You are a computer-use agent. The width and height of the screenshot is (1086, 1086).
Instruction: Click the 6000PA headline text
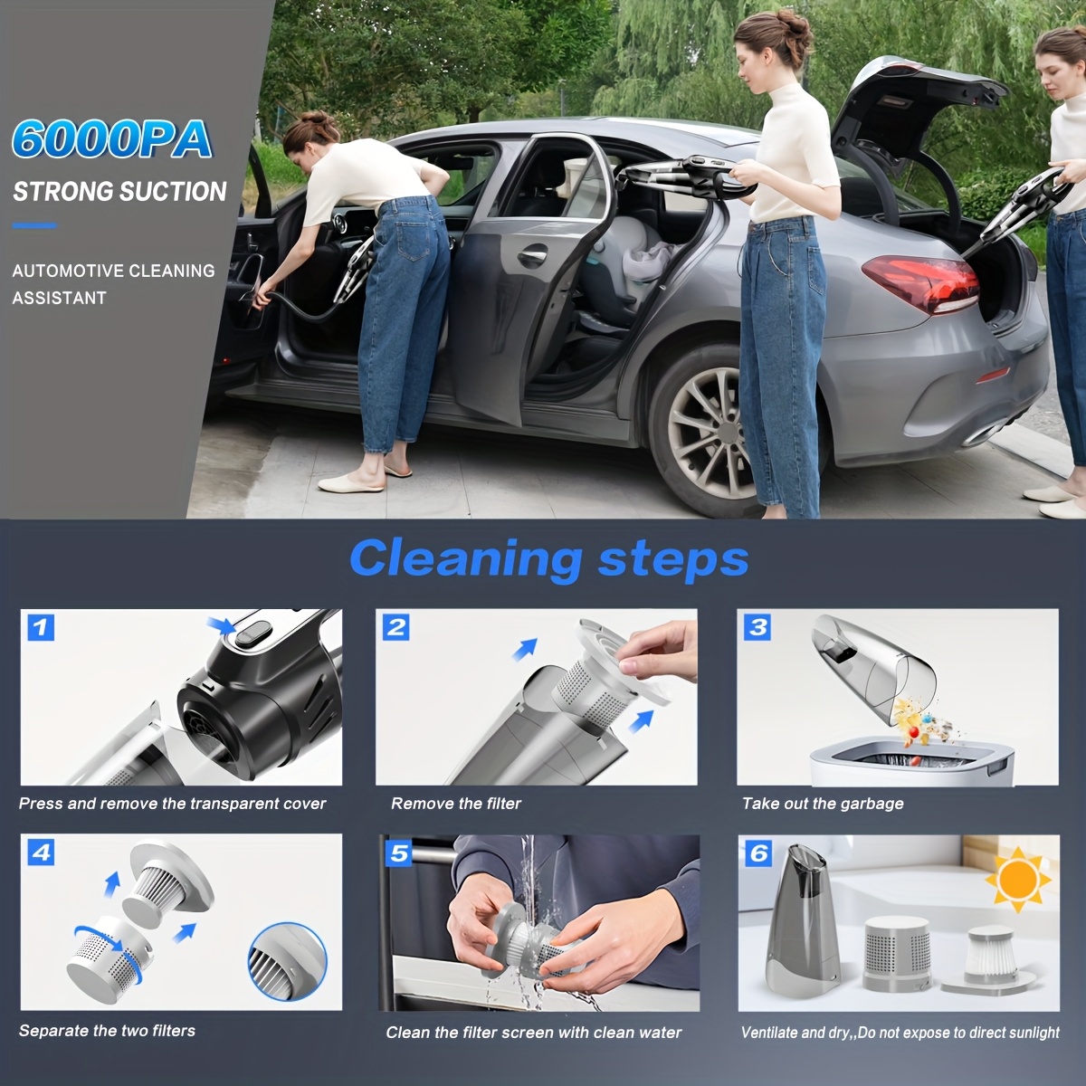pos(112,139)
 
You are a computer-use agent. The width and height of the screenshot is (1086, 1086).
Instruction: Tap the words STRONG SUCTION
pos(119,192)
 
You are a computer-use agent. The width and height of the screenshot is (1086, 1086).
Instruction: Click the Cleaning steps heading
pos(548,557)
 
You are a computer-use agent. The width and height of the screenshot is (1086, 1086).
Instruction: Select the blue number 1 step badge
pos(42,627)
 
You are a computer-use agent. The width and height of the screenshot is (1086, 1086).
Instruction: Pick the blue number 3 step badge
pos(758,626)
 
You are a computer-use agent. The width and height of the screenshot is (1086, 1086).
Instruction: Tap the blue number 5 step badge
pos(399,853)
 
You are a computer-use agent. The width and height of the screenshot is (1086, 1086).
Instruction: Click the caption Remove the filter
pos(456,804)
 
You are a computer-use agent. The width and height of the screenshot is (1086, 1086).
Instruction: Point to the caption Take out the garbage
pos(823,804)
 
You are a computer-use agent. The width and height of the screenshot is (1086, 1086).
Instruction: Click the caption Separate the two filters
pos(107,1031)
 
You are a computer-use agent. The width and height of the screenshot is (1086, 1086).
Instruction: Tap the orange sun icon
pos(1019,878)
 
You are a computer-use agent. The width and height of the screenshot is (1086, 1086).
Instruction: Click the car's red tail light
pos(919,282)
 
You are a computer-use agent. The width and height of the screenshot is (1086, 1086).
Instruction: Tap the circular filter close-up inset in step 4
pos(287,961)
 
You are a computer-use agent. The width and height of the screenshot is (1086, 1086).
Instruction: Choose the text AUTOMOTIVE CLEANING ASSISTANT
pos(113,284)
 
